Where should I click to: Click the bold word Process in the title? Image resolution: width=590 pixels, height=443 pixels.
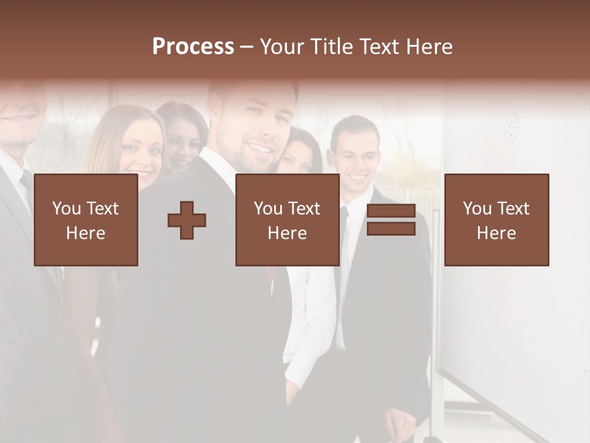coord(193,47)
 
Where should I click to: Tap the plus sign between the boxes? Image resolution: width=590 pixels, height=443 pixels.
coord(187,220)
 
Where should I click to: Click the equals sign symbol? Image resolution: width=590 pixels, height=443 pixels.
coord(391,220)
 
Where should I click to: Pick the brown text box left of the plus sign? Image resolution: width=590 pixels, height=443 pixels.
coord(86,220)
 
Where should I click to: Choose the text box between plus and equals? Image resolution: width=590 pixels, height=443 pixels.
coord(287,220)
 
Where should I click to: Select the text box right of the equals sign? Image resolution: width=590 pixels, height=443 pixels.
coord(496,220)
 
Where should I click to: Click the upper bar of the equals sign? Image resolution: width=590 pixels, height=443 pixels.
coord(391,211)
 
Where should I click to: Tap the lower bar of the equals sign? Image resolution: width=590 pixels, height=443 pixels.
coord(391,229)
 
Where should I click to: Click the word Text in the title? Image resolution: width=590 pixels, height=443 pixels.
coord(377,47)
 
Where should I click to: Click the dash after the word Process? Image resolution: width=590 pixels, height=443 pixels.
coord(246,47)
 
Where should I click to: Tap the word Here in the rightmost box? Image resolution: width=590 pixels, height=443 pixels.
coord(496,233)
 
